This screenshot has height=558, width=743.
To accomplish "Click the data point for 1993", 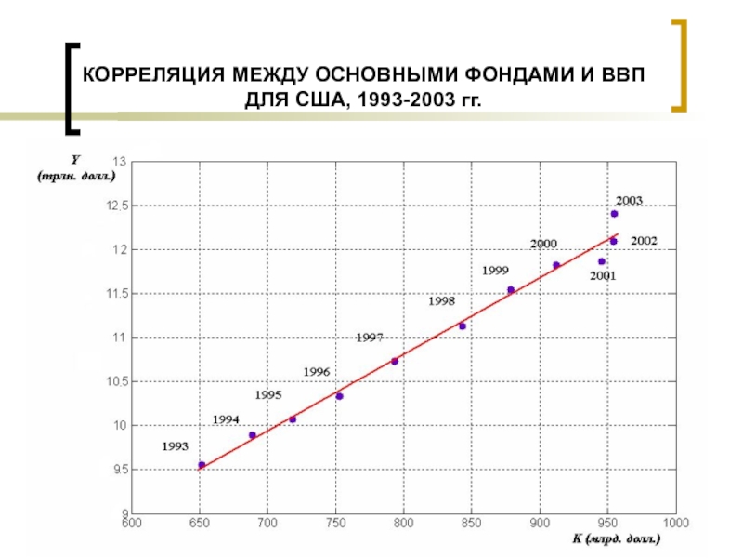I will click(202, 465).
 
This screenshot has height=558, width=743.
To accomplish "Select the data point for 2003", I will click(614, 214).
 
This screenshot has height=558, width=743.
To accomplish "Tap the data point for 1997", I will click(395, 361).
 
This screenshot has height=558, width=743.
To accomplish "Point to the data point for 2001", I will click(602, 261).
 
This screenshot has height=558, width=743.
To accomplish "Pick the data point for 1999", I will click(511, 290).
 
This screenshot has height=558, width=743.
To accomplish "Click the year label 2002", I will click(644, 241).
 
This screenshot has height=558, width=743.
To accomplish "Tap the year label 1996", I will click(317, 372).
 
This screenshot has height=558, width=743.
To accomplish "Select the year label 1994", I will click(226, 419).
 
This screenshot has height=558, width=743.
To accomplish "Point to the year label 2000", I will click(543, 244).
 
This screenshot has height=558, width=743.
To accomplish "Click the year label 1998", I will click(441, 301).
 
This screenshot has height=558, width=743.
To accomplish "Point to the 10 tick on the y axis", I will click(120, 426).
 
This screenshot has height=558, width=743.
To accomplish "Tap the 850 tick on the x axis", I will click(471, 523).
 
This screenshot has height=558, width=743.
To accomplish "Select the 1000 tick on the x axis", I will click(675, 523).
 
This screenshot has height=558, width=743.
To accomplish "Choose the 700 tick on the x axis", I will click(267, 523).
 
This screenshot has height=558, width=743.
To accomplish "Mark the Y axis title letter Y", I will click(75, 160).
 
